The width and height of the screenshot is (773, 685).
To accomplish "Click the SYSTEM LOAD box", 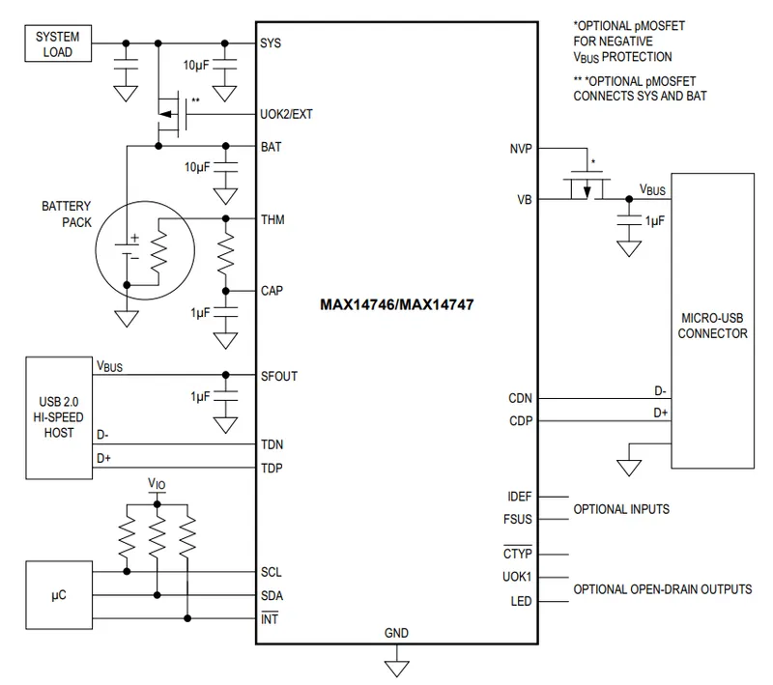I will click(58, 43).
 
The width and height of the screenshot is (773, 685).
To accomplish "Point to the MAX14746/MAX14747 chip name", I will click(397, 303).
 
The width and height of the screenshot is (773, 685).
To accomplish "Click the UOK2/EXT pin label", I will click(286, 113).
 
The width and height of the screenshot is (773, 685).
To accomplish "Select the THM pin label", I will click(272, 219).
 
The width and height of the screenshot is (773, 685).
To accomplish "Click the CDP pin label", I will click(520, 420).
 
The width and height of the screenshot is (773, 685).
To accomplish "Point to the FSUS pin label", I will click(519, 519).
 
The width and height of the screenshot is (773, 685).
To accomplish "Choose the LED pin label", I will click(521, 601).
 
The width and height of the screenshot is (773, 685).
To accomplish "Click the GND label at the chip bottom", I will click(396, 634).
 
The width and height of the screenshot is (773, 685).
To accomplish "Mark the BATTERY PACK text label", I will click(66, 213).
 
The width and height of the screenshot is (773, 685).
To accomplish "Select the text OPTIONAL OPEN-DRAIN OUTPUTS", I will click(663, 589).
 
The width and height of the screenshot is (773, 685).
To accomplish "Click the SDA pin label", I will click(272, 595).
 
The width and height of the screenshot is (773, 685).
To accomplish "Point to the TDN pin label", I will click(272, 444).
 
